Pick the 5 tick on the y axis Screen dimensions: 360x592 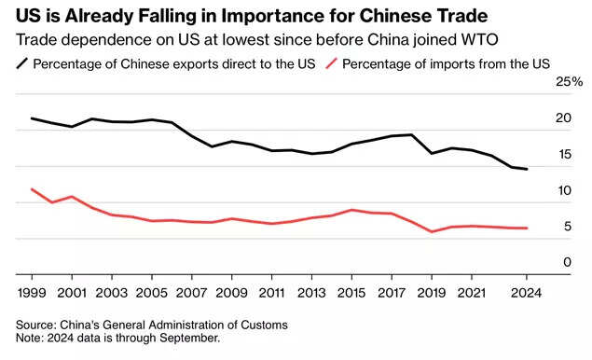point(565,227)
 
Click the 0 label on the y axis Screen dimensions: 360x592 point(565,263)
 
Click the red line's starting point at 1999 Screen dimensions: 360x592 point(32,189)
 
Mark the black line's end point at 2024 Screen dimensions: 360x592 point(528,169)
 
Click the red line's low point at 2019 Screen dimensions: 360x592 point(431,231)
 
